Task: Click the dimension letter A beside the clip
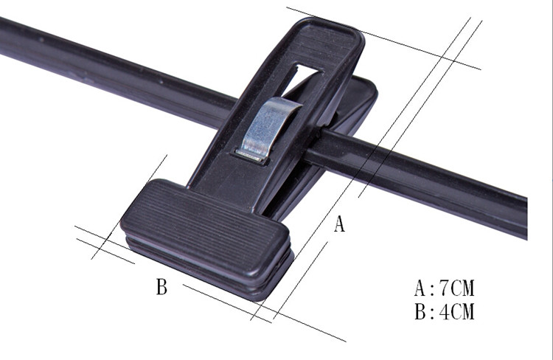339,224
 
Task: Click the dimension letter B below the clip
161,286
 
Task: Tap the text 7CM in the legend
457,288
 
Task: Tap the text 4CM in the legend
457,311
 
